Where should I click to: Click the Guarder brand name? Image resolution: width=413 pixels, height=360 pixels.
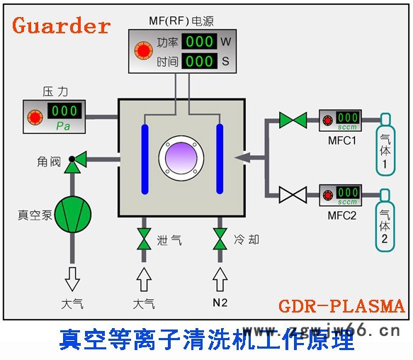pyautogui.click(x=62, y=26)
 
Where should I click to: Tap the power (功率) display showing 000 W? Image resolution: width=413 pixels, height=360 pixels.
pyautogui.click(x=200, y=41)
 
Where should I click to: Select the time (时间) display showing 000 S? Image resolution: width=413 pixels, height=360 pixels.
pyautogui.click(x=200, y=62)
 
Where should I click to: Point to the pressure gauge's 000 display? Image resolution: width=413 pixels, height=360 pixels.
pyautogui.click(x=64, y=111)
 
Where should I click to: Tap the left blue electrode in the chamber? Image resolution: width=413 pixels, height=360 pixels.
pyautogui.click(x=146, y=159)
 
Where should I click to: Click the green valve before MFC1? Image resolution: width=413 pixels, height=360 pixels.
pyautogui.click(x=292, y=120)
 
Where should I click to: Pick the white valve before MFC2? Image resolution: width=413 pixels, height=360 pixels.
pyautogui.click(x=292, y=194)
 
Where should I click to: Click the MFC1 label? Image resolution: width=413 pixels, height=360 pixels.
pyautogui.click(x=341, y=141)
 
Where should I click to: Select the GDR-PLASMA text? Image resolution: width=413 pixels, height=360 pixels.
pyautogui.click(x=341, y=306)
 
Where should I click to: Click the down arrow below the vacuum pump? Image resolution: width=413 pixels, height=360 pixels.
pyautogui.click(x=72, y=279)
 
